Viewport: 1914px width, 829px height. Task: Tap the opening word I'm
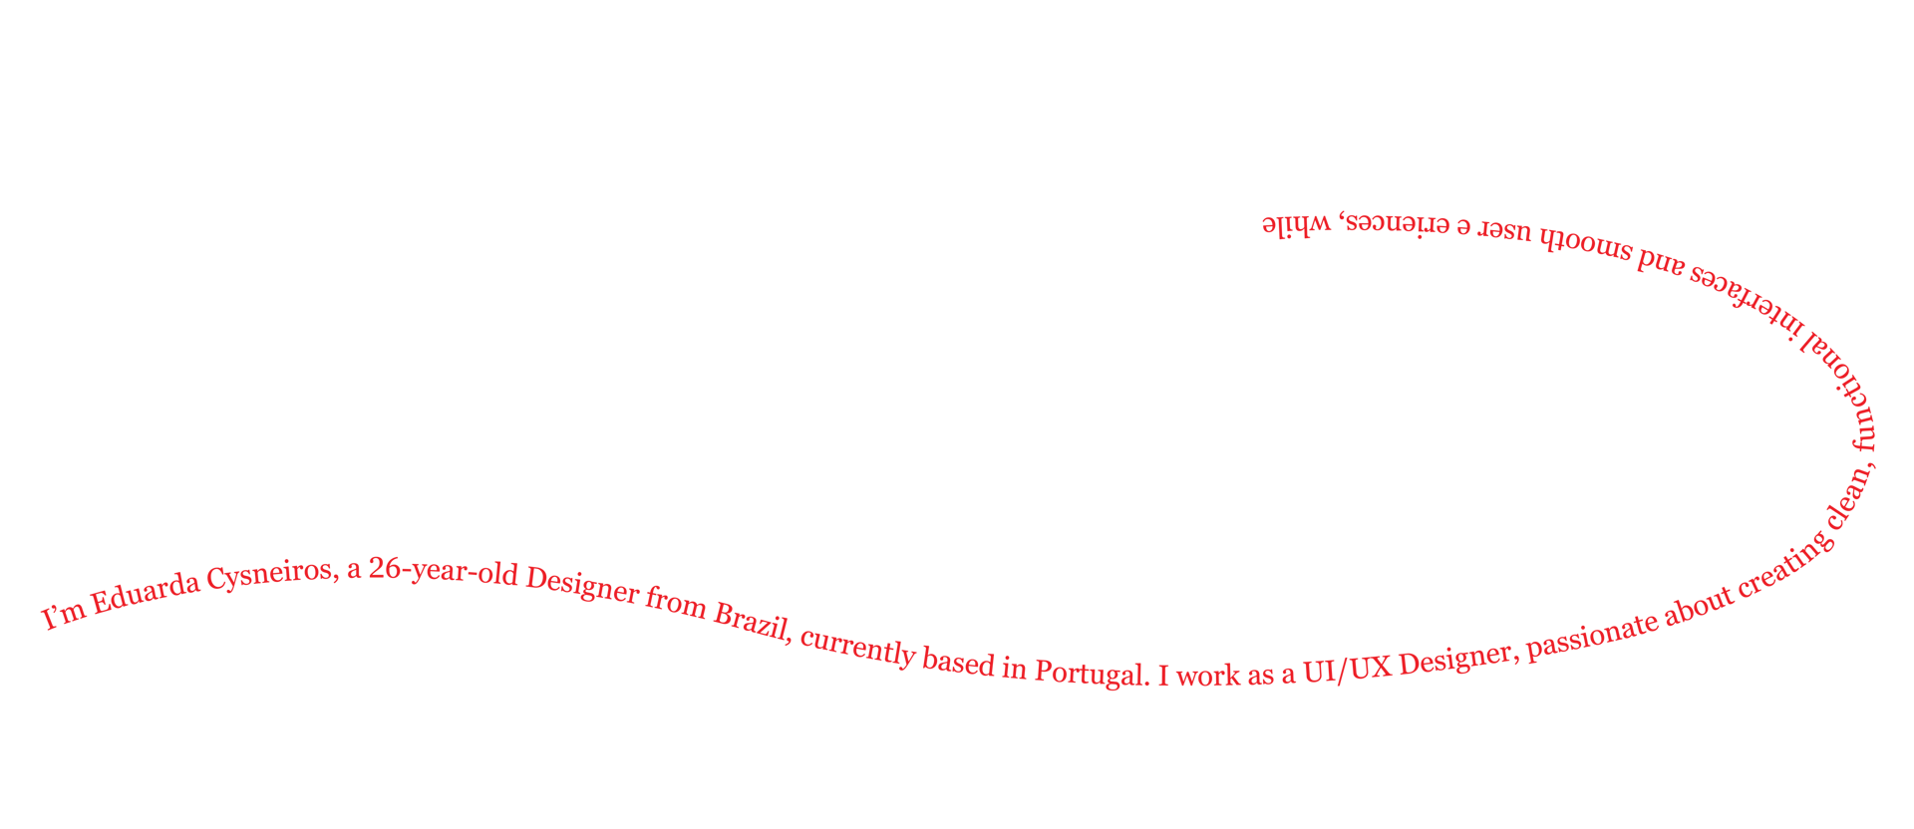[x=61, y=616]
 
